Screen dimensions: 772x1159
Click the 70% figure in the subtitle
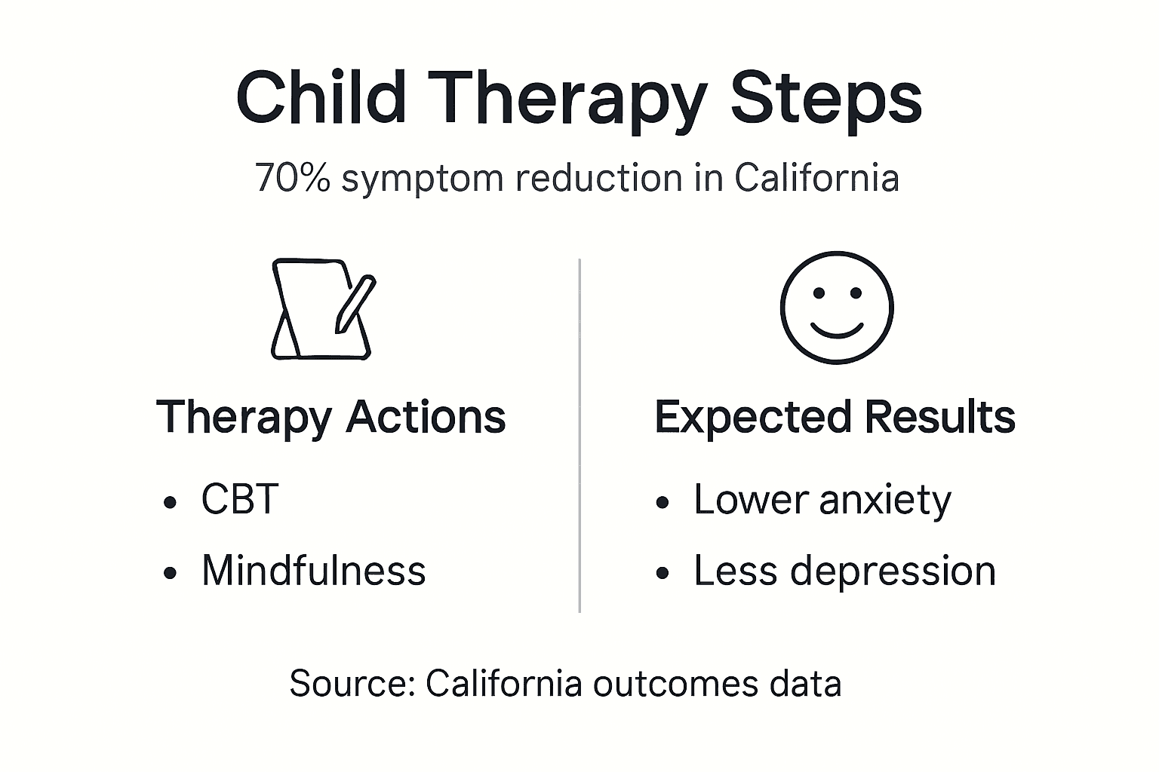click(293, 178)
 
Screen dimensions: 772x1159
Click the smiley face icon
click(837, 308)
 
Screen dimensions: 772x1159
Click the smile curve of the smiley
click(837, 329)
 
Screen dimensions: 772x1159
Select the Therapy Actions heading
click(330, 417)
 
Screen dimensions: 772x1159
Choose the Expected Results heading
click(835, 417)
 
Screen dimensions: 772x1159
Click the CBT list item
click(240, 499)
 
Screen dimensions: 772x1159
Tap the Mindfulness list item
click(313, 571)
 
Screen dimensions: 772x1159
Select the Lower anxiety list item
click(822, 499)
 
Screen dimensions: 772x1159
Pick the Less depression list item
click(844, 571)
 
